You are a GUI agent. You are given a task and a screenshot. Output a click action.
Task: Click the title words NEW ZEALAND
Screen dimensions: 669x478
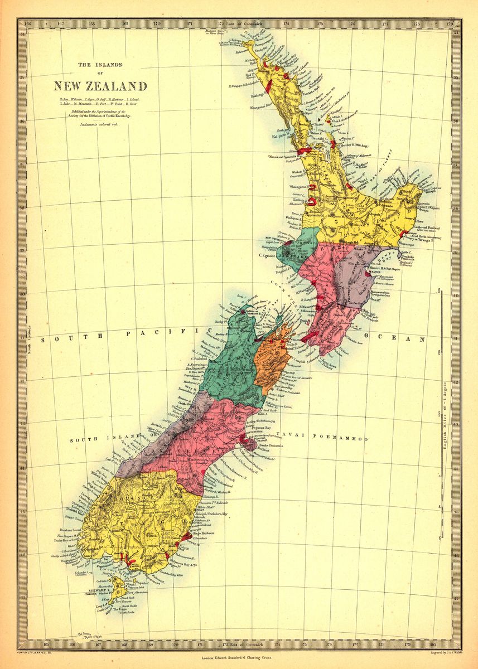click(x=100, y=86)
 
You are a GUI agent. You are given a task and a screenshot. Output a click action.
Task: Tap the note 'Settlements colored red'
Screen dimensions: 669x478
click(x=100, y=124)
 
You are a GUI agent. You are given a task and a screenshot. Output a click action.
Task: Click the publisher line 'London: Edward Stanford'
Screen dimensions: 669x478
click(x=239, y=658)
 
